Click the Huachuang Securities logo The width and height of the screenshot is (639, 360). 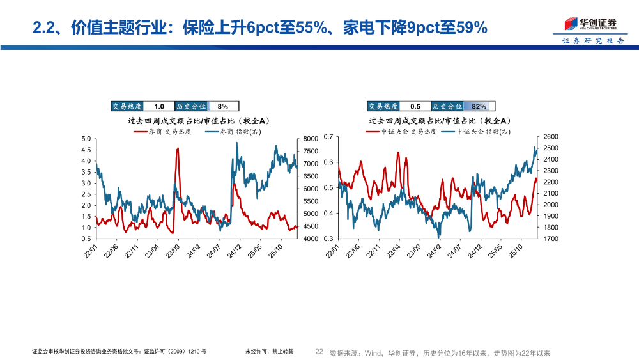tap(589, 24)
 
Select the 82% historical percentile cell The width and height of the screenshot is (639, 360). tap(479, 107)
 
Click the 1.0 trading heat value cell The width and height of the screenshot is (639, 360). tap(159, 107)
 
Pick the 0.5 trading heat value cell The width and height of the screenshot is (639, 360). tap(415, 107)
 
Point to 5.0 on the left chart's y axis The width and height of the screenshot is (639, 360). tap(86, 139)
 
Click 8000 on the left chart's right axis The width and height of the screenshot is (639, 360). tap(310, 139)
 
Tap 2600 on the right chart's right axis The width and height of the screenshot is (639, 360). tap(550, 137)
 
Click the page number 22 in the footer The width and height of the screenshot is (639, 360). tap(320, 352)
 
